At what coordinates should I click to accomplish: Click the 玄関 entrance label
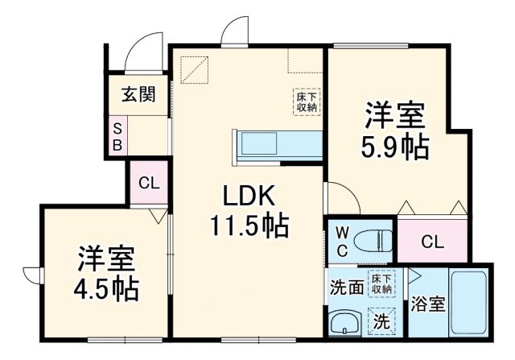138,95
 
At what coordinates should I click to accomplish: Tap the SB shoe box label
117,137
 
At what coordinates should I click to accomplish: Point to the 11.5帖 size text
249,226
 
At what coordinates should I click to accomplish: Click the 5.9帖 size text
395,147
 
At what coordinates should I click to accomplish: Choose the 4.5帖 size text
106,288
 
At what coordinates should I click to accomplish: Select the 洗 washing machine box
381,321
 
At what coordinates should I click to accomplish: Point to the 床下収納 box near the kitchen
306,101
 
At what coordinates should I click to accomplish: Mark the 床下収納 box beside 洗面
381,283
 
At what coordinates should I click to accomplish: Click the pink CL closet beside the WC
432,239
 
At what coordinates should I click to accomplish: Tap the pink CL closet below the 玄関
149,183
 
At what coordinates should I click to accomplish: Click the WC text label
341,240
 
